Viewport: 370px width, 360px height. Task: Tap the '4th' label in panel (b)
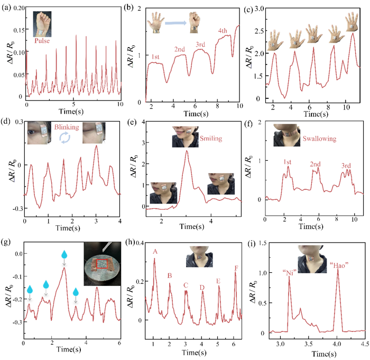222,30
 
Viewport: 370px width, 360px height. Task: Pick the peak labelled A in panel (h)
155,252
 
